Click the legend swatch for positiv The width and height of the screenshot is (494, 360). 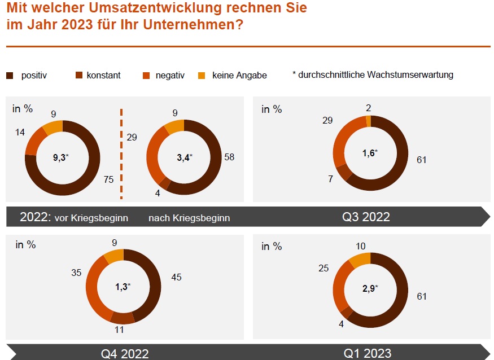click(x=10, y=75)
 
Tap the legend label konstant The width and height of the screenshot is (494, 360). click(x=103, y=75)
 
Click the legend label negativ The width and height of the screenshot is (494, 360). click(x=170, y=75)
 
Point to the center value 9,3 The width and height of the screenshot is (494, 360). click(x=60, y=158)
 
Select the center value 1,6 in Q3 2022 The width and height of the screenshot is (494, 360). click(x=369, y=153)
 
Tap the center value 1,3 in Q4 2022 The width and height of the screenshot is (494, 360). click(x=122, y=287)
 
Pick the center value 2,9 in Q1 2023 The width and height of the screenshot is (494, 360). click(x=369, y=288)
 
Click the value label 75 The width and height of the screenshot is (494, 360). click(x=109, y=180)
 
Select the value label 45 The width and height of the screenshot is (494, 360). click(x=176, y=277)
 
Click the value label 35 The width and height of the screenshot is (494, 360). click(x=76, y=273)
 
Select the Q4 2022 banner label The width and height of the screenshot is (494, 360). click(x=125, y=354)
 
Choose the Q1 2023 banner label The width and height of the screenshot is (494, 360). click(x=368, y=354)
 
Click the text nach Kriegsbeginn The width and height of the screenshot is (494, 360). click(x=189, y=218)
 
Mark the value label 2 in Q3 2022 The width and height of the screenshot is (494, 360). click(x=368, y=108)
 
